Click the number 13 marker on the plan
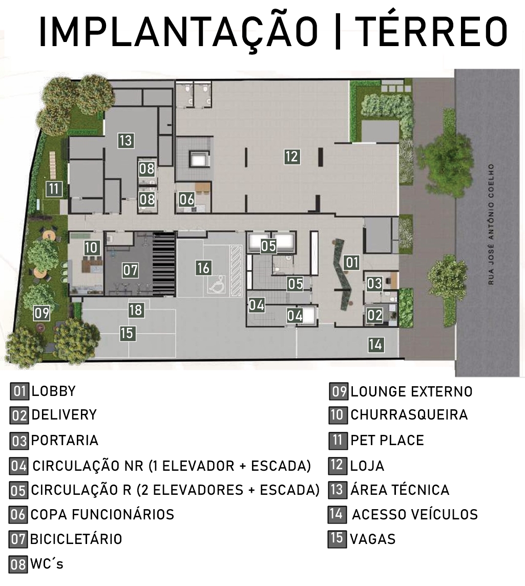click(126, 140)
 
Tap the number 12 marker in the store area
click(292, 157)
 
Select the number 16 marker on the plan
click(203, 268)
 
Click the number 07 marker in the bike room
click(131, 270)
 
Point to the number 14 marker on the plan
click(375, 345)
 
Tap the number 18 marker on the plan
click(136, 310)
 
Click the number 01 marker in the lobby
click(352, 263)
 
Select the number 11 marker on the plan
click(54, 189)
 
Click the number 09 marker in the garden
click(41, 313)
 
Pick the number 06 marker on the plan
click(186, 200)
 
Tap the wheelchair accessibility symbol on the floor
click(218, 284)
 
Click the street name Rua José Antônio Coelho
click(491, 224)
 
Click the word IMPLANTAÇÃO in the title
click(178, 33)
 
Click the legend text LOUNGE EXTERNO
click(411, 392)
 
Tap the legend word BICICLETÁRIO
click(76, 539)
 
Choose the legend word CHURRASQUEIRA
click(409, 415)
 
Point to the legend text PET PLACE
click(387, 440)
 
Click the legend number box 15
click(337, 538)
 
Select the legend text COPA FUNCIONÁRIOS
click(102, 515)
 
